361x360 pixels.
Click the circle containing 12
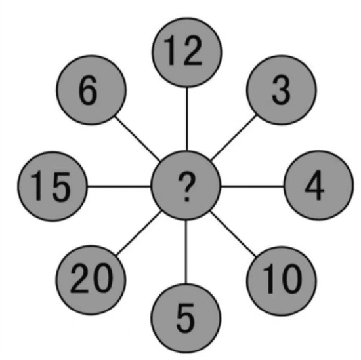coord(186,52)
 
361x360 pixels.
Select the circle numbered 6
coord(91,90)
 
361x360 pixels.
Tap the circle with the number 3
coord(282,90)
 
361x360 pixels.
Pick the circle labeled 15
coord(53,186)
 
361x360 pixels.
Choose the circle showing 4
coord(318,185)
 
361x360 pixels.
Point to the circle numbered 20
coord(91,280)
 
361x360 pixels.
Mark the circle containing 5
coord(186,319)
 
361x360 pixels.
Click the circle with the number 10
coord(282,281)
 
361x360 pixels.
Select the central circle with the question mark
coord(186,186)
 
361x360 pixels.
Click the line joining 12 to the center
coord(187,119)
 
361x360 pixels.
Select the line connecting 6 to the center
coord(138,138)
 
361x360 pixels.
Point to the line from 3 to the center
coord(234,138)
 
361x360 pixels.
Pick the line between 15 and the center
coord(119,186)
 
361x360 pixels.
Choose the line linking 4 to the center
coord(252,186)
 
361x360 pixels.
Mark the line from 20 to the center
coord(138,233)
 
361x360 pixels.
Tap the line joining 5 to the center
coord(186,252)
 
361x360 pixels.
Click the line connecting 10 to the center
coord(233,234)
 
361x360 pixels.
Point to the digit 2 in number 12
coord(192,50)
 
